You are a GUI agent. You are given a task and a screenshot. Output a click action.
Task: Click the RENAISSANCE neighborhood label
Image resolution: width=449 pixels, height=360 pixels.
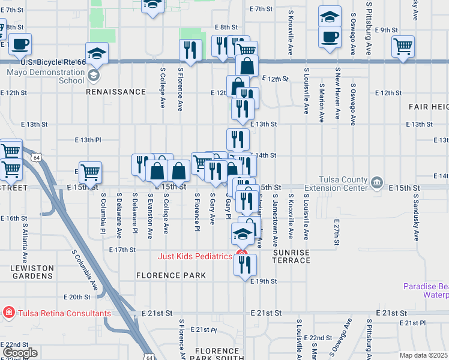pyautogui.click(x=116, y=92)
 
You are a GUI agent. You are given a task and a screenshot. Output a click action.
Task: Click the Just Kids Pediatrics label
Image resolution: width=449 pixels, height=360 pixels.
pyautogui.click(x=194, y=256)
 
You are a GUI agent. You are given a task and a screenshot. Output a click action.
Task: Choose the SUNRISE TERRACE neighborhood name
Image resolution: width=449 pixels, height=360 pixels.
pyautogui.click(x=292, y=257)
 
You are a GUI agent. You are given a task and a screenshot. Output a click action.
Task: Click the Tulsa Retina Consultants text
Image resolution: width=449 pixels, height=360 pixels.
pyautogui.click(x=64, y=313)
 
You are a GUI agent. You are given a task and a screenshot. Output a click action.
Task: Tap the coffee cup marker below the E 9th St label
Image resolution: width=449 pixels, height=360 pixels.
pyautogui.click(x=329, y=36)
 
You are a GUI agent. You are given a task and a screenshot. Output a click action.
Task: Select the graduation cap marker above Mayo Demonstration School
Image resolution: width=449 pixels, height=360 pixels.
pyautogui.click(x=97, y=53)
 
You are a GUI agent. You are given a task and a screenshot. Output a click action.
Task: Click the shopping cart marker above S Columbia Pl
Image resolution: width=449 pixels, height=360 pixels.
pyautogui.click(x=90, y=173)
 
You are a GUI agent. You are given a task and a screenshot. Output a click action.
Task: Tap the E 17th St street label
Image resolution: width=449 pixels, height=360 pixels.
pyautogui.click(x=122, y=249)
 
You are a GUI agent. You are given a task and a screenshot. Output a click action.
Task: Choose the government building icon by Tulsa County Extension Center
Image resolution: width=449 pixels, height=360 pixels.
pyautogui.click(x=376, y=182)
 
